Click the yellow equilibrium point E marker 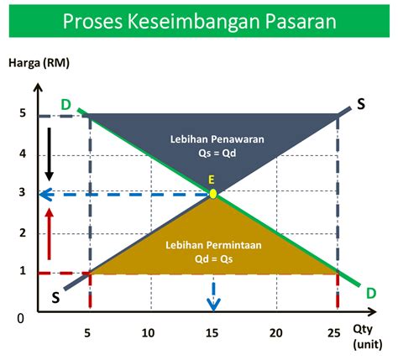pyautogui.click(x=213, y=194)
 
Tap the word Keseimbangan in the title pyautogui.click(x=194, y=21)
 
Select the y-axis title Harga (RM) pyautogui.click(x=39, y=63)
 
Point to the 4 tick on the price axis pyautogui.click(x=23, y=154)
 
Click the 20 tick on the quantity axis pyautogui.click(x=276, y=333)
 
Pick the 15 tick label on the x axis pyautogui.click(x=212, y=333)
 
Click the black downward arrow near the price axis pyautogui.click(x=50, y=154)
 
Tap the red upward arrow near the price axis pyautogui.click(x=50, y=234)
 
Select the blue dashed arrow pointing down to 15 pyautogui.click(x=213, y=297)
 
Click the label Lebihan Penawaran pyautogui.click(x=217, y=139)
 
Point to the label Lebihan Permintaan pyautogui.click(x=213, y=245)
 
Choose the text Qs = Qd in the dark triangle pyautogui.click(x=217, y=154)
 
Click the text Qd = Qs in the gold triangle pyautogui.click(x=213, y=259)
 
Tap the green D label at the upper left pyautogui.click(x=66, y=105)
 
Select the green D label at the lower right pyautogui.click(x=371, y=294)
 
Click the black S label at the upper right pyautogui.click(x=361, y=104)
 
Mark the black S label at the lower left pyautogui.click(x=55, y=298)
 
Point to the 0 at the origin pyautogui.click(x=21, y=319)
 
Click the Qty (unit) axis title pyautogui.click(x=368, y=337)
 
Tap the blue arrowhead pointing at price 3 pyautogui.click(x=45, y=194)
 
